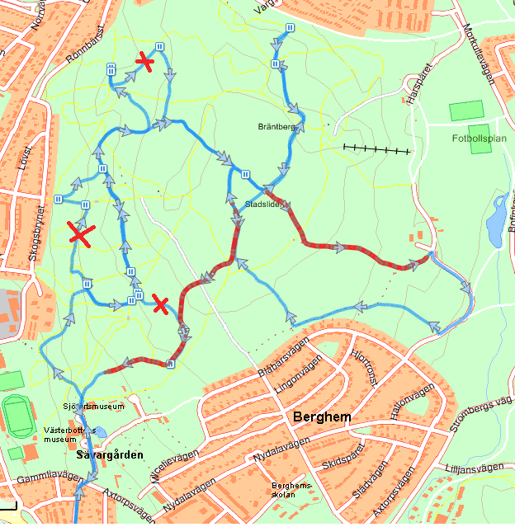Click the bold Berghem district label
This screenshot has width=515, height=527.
(x=322, y=417)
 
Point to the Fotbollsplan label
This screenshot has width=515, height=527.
(x=479, y=139)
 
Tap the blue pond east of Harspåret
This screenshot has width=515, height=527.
(x=498, y=222)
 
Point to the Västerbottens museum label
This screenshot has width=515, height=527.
(x=72, y=434)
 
